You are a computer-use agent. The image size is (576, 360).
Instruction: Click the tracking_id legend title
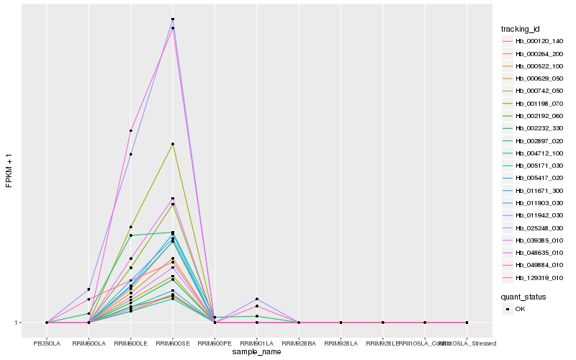[521, 29]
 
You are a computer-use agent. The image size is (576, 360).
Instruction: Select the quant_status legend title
[523, 297]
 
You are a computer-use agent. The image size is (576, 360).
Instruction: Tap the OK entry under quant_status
[519, 309]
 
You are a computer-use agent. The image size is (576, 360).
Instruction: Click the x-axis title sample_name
[257, 352]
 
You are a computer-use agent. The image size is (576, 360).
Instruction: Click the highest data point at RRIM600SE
[173, 19]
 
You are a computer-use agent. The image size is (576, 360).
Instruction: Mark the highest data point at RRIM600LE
[131, 130]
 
